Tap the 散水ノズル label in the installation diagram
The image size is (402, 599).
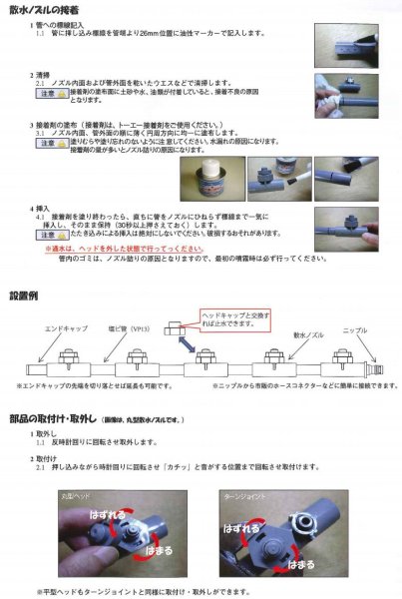[299, 337]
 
